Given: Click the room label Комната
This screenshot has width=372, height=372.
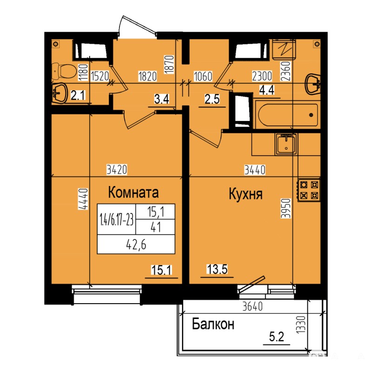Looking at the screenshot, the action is click(133, 192).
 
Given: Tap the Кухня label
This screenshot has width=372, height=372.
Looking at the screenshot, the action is click(246, 194).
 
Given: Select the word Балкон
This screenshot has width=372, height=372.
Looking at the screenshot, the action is click(213, 324).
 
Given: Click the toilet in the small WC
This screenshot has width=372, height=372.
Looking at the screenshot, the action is click(64, 71).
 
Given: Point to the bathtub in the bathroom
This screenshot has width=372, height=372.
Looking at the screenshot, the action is click(288, 115).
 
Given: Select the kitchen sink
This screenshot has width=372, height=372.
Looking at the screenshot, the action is click(286, 144).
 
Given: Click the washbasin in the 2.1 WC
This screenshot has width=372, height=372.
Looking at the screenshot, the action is click(60, 93).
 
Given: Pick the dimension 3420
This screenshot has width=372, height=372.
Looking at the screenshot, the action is click(117, 170).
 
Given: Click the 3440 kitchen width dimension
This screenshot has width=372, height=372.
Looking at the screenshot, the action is click(255, 170).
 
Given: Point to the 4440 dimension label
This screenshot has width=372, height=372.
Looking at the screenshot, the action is click(84, 199).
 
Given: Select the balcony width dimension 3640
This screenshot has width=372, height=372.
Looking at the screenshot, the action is click(252, 306).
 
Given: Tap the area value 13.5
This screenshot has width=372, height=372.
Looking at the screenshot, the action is click(217, 270).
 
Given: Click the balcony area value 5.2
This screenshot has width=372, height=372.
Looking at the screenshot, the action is click(277, 337).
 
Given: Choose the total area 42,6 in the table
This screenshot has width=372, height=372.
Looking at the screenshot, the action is click(136, 245).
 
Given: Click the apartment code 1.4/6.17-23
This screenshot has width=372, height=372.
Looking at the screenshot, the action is click(117, 219).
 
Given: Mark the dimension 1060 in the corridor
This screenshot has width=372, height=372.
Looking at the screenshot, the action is click(203, 76).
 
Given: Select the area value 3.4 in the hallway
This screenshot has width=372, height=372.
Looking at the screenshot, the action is click(162, 99).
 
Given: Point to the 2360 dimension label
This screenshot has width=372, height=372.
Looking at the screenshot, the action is click(286, 71).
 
